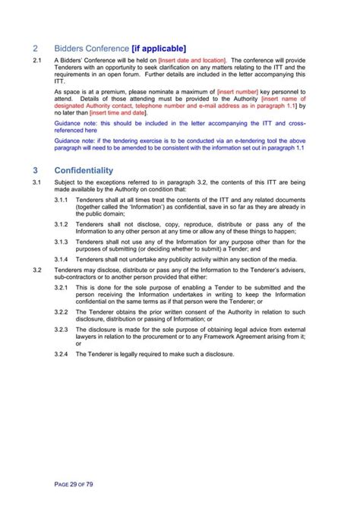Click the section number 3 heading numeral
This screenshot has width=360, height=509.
point(36,171)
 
